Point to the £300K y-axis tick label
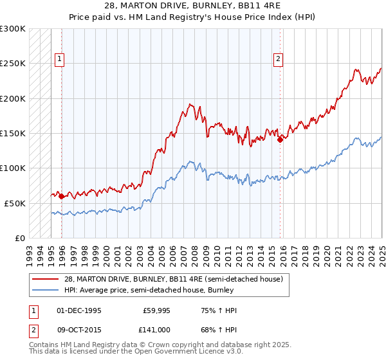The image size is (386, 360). [x=13, y=29]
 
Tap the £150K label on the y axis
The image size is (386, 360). [x=13, y=133]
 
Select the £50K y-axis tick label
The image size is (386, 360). [x=15, y=203]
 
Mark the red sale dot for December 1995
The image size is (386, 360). [x=61, y=196]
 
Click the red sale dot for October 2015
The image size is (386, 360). [x=280, y=139]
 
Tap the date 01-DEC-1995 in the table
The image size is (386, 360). [x=79, y=311]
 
